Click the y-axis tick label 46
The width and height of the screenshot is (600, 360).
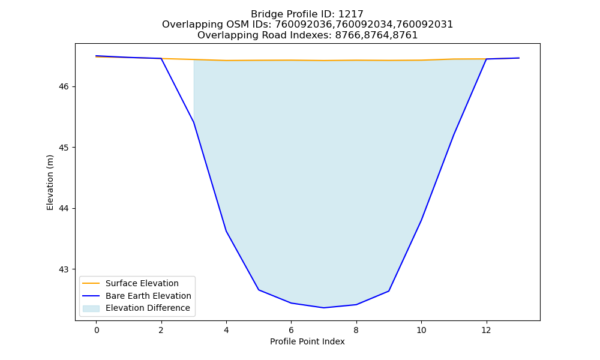[64, 87]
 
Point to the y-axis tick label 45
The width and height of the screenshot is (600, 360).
[64, 148]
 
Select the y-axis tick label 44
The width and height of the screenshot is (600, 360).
[64, 209]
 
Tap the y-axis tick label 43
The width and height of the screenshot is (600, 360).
[64, 269]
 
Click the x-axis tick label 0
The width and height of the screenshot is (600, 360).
[97, 330]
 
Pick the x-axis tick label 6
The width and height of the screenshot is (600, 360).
[291, 330]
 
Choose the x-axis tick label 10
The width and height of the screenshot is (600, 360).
[421, 330]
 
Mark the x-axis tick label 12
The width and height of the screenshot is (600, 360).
[487, 330]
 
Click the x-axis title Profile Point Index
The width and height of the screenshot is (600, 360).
[307, 341]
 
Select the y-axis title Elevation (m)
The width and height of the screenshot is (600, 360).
[50, 182]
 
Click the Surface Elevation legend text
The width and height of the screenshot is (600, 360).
[142, 283]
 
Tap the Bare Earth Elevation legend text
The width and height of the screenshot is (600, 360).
[148, 296]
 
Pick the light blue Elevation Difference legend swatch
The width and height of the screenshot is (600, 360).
[91, 308]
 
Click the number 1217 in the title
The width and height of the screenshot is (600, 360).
[351, 14]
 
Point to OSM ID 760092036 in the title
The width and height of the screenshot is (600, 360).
[303, 25]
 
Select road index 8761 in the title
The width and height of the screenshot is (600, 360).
[405, 35]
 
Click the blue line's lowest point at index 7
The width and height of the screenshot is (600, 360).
[324, 308]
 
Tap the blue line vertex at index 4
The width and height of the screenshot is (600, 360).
[226, 230]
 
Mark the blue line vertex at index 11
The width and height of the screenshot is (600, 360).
[454, 134]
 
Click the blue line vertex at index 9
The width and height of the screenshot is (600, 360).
[389, 291]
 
